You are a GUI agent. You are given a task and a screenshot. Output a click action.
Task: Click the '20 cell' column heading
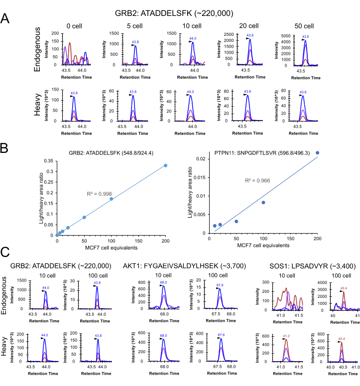click(246, 26)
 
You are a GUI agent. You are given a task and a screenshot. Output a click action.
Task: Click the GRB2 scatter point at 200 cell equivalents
click(166, 165)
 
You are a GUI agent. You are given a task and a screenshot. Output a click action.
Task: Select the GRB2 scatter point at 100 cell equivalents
click(112, 199)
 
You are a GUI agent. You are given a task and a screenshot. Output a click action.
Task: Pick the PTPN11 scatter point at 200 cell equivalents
click(318, 153)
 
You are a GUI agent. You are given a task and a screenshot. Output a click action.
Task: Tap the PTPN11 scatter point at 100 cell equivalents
click(263, 202)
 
